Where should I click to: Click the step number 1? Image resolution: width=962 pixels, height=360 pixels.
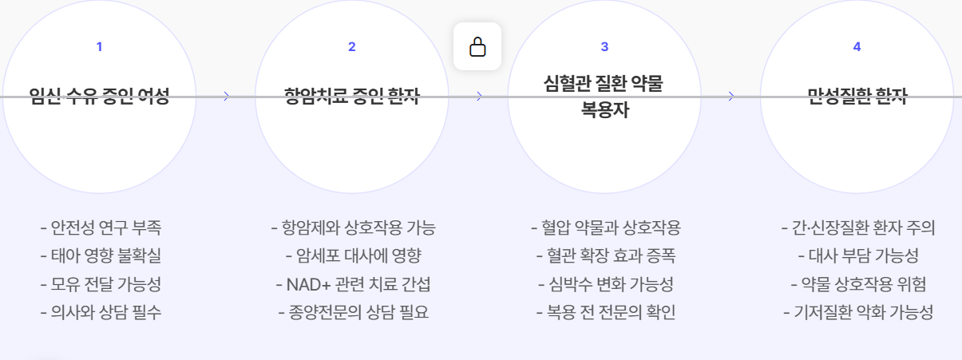(99, 46)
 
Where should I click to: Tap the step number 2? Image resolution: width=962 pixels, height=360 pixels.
(352, 46)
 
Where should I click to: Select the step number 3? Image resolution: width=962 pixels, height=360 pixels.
(604, 46)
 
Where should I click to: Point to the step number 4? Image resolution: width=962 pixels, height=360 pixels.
(857, 46)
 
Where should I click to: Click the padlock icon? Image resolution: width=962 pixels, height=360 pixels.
(477, 46)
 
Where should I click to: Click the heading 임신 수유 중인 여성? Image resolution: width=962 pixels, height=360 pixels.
(99, 97)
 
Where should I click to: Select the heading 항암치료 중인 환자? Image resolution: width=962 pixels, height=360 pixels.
(352, 97)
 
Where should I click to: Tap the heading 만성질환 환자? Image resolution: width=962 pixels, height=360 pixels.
(857, 97)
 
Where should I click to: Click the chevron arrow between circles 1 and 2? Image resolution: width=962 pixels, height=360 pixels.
(227, 97)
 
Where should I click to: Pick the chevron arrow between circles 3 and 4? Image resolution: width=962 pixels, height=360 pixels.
(731, 97)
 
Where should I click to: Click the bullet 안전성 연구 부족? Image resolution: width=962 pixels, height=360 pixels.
(101, 227)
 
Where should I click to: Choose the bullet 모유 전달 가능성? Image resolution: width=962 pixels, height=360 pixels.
(101, 284)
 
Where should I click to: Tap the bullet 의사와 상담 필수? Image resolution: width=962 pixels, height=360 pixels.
(101, 312)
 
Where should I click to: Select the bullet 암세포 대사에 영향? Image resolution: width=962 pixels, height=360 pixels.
(353, 256)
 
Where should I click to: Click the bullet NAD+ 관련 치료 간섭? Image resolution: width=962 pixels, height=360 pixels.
(353, 284)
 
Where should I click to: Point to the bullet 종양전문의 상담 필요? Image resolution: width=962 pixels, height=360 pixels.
(353, 312)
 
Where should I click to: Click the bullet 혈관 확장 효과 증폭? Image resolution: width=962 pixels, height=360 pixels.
(606, 256)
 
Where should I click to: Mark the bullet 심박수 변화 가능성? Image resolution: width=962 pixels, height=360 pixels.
(606, 284)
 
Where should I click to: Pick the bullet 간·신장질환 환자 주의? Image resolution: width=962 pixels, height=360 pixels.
(858, 227)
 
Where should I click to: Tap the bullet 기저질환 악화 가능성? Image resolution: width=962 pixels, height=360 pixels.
(858, 312)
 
